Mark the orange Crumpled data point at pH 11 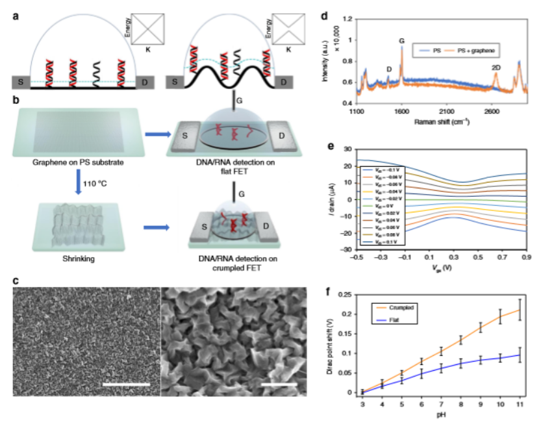pyautogui.click(x=520, y=310)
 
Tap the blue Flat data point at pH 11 pyautogui.click(x=520, y=355)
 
